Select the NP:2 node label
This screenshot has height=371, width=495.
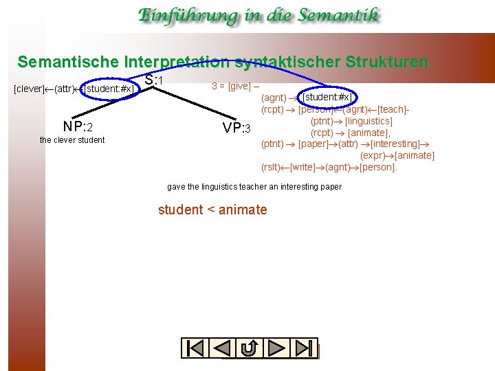[x=78, y=126]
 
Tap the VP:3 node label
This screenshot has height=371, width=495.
[x=237, y=128]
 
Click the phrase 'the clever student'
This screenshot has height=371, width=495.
[x=72, y=140]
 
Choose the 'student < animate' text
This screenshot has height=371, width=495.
[x=212, y=210]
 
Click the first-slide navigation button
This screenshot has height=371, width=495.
[x=195, y=348]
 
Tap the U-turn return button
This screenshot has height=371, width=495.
[x=250, y=348]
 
